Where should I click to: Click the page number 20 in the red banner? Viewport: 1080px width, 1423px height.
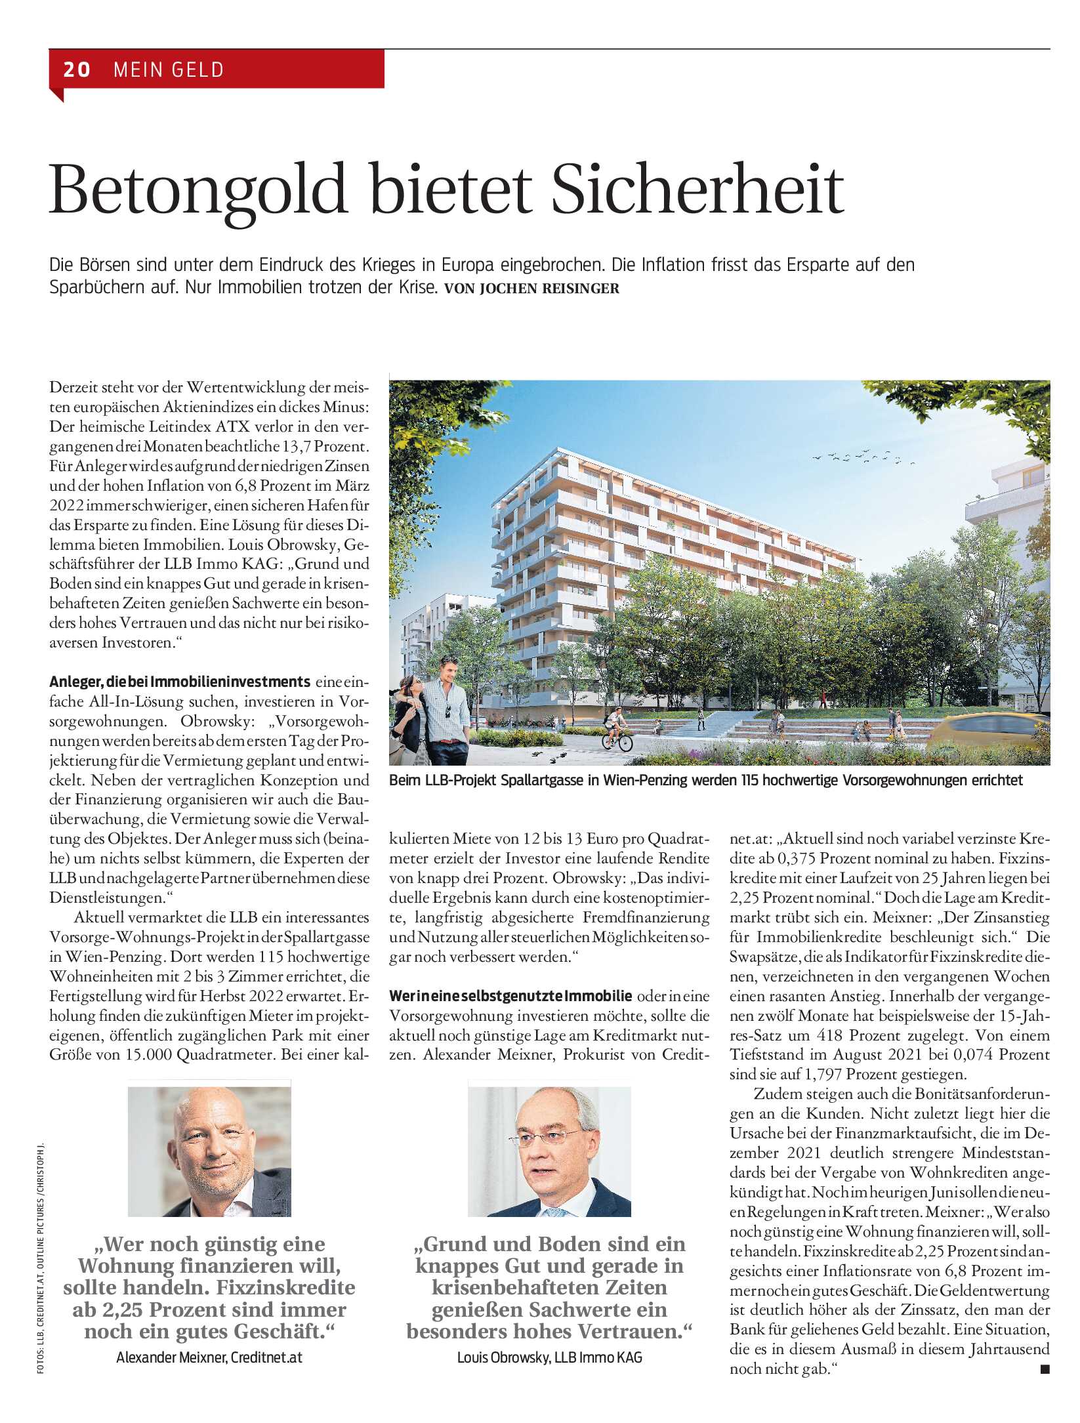coord(77,70)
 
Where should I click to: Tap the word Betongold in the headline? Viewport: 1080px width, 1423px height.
coord(197,190)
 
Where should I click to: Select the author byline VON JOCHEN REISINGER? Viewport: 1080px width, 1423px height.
coord(531,289)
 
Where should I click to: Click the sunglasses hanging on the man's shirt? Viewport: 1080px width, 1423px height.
coord(448,710)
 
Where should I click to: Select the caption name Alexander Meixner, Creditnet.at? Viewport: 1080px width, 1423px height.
coord(209,1357)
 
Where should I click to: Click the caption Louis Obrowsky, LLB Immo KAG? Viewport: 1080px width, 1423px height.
coord(549,1357)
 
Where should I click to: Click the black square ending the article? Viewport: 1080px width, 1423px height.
coord(1045,1369)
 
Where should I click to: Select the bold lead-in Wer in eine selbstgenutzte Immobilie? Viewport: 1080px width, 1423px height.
coord(510,996)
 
